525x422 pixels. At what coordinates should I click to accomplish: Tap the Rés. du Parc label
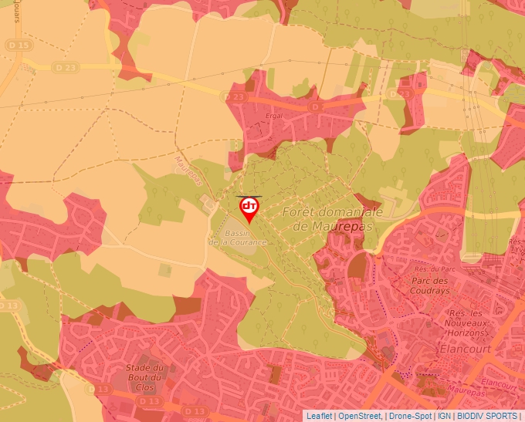(x=431, y=269)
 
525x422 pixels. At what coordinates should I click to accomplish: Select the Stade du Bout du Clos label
(x=145, y=377)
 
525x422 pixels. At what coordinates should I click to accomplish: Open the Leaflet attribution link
(x=320, y=416)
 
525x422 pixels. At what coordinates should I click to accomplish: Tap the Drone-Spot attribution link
(x=411, y=416)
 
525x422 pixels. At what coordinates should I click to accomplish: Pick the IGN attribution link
(x=445, y=416)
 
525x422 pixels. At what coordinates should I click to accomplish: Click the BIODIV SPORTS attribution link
(x=488, y=416)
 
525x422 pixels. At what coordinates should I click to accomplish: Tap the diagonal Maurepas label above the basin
(x=188, y=171)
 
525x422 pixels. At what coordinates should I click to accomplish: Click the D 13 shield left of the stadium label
(x=100, y=390)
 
